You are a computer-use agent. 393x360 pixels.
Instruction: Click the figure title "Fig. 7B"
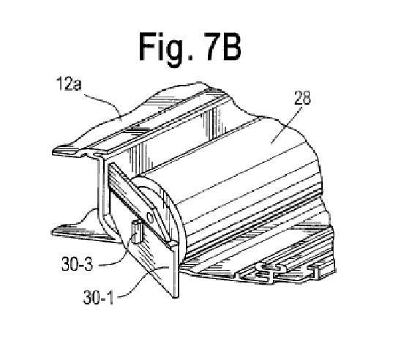[190, 48]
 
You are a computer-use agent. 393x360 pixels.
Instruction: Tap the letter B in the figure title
[229, 48]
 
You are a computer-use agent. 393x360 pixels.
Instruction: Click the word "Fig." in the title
[163, 50]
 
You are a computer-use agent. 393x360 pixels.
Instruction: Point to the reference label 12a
[69, 83]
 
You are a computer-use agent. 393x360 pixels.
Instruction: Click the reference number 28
[302, 98]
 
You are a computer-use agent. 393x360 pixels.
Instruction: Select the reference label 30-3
[77, 263]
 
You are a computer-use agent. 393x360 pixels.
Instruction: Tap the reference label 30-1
[98, 297]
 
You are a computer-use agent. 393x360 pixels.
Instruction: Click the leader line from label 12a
[105, 102]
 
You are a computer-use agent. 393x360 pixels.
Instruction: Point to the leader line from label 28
[286, 125]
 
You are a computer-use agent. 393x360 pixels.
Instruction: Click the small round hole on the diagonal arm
[150, 217]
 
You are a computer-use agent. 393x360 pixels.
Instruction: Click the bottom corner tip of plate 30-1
[176, 298]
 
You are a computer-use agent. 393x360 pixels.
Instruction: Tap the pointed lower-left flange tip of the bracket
[53, 232]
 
